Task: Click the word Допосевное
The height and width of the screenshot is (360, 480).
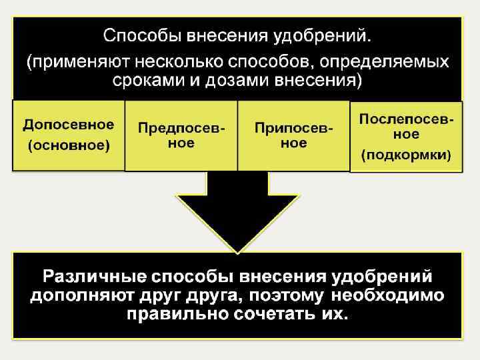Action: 68,125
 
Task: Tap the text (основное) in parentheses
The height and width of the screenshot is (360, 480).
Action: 68,145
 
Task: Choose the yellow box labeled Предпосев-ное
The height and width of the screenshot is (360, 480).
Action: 181,135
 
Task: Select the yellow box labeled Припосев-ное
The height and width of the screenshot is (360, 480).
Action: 293,135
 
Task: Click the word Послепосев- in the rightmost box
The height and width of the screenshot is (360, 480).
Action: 407,119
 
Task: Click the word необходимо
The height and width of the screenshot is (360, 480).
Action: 390,295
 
